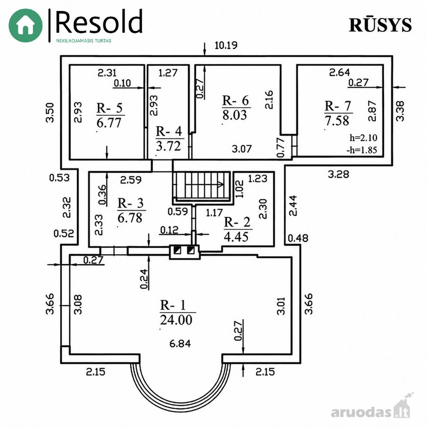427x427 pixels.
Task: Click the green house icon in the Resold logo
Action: [25, 25]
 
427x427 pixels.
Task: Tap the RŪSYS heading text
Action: [380, 25]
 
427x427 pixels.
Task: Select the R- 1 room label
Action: [173, 305]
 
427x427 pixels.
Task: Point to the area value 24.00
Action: [176, 320]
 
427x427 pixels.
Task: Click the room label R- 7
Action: [338, 106]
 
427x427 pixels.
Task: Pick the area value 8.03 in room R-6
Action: [234, 115]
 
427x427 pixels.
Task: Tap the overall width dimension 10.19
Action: [226, 45]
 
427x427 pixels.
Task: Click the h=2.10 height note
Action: [363, 138]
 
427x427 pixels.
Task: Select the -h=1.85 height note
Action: [362, 150]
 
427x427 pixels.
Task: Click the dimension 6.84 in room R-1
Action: [180, 343]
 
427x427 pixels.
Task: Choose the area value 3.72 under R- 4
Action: [168, 146]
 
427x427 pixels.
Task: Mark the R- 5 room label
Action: [110, 108]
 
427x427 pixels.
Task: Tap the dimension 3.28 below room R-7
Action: [338, 174]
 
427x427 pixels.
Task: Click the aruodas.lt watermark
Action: [371, 413]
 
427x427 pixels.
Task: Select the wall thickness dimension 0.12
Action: [169, 230]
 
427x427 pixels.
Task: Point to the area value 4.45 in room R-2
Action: [236, 237]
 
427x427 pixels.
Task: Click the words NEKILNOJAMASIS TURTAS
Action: [84, 41]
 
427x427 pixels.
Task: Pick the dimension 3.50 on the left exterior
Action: [50, 112]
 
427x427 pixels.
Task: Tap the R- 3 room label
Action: [130, 203]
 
